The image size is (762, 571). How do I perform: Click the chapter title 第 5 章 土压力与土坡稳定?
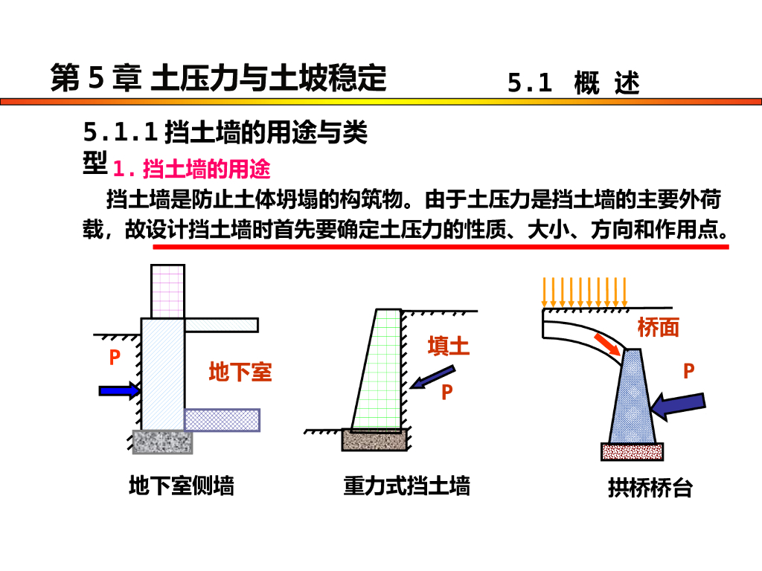(218, 78)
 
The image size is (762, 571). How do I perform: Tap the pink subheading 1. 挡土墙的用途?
(191, 170)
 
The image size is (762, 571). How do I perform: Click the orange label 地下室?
(240, 372)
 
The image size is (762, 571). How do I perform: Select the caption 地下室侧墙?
(182, 486)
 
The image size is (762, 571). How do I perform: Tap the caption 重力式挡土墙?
(406, 486)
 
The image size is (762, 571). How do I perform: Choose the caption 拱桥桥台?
(650, 488)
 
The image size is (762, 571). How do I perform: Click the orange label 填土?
(448, 346)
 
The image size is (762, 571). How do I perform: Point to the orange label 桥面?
(658, 328)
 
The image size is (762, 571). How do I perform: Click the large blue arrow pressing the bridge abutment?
(676, 404)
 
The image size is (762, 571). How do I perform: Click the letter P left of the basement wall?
(114, 358)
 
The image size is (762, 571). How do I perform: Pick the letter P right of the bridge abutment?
(688, 371)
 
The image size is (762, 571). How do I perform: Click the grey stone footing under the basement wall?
(162, 441)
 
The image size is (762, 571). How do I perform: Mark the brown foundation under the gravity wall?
(374, 440)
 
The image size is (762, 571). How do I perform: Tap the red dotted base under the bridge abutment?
(632, 451)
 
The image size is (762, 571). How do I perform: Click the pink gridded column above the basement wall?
(167, 291)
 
